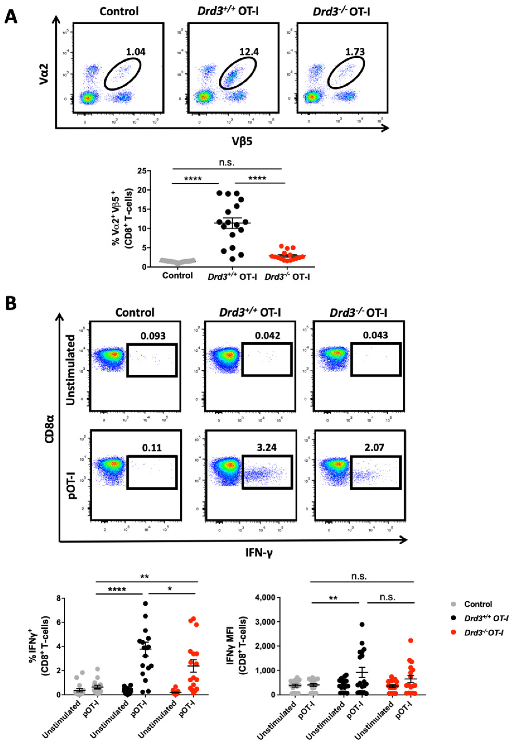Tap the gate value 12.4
(249, 52)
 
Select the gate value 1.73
(355, 52)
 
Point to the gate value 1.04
(135, 52)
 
